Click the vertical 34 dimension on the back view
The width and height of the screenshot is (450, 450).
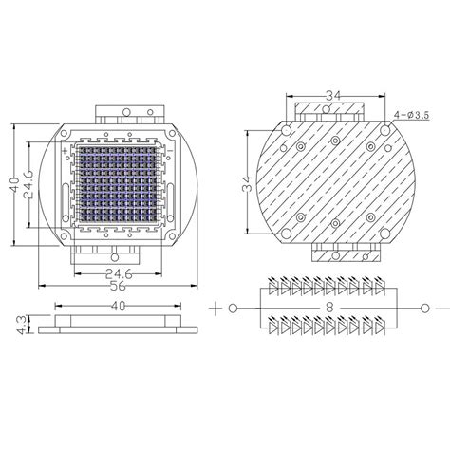click(x=249, y=187)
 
